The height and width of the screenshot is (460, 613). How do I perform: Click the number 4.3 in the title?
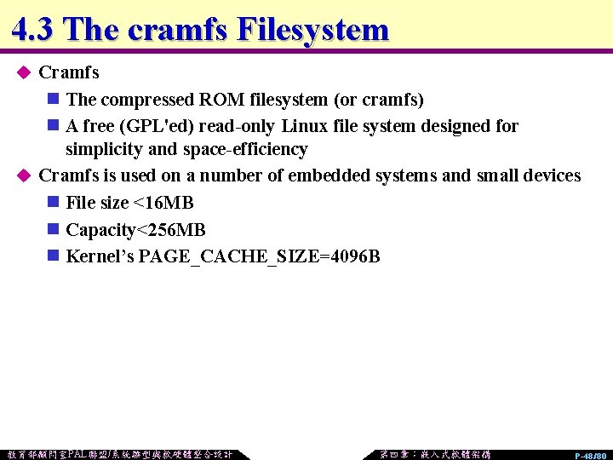click(x=33, y=30)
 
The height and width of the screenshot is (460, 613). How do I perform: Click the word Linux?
click(x=304, y=126)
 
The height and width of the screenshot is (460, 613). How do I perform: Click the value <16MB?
click(x=164, y=203)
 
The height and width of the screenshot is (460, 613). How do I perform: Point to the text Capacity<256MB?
click(x=135, y=230)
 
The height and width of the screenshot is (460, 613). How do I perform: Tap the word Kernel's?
click(x=100, y=256)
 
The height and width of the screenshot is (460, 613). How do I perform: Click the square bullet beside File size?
click(x=53, y=203)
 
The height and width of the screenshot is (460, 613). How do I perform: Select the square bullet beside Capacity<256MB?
click(x=53, y=230)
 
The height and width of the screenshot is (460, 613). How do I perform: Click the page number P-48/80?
click(x=590, y=456)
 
